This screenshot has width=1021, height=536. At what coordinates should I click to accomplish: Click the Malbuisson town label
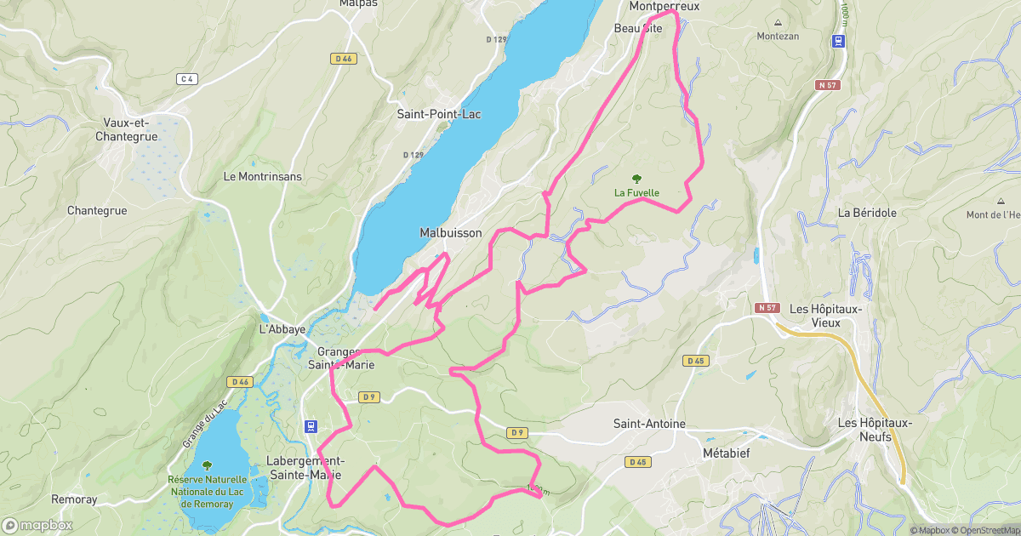(x=450, y=233)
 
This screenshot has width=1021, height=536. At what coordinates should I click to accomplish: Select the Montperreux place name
(x=664, y=6)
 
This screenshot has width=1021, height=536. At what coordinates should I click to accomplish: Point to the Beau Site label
(x=637, y=28)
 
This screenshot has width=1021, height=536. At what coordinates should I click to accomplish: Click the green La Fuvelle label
(x=636, y=192)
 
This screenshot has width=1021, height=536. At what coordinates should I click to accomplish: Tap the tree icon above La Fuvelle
(x=636, y=178)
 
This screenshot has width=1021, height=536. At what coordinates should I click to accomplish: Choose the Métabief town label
(x=726, y=453)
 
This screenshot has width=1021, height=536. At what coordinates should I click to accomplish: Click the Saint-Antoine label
(x=649, y=424)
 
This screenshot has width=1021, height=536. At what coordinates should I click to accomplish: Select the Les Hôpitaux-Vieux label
(x=827, y=316)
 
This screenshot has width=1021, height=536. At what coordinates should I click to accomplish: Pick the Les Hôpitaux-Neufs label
(x=875, y=430)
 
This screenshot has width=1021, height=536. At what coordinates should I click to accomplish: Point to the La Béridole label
(x=867, y=213)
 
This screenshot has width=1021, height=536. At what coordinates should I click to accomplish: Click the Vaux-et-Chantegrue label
(x=123, y=129)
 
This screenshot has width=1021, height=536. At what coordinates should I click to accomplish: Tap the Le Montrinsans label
(x=262, y=176)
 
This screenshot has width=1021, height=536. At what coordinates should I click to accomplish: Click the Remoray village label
(x=74, y=499)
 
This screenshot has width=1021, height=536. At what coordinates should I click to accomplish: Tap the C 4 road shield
(x=187, y=79)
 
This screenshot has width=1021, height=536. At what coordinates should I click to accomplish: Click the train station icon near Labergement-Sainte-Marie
(x=311, y=426)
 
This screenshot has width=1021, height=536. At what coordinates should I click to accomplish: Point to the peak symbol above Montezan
(x=778, y=23)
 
